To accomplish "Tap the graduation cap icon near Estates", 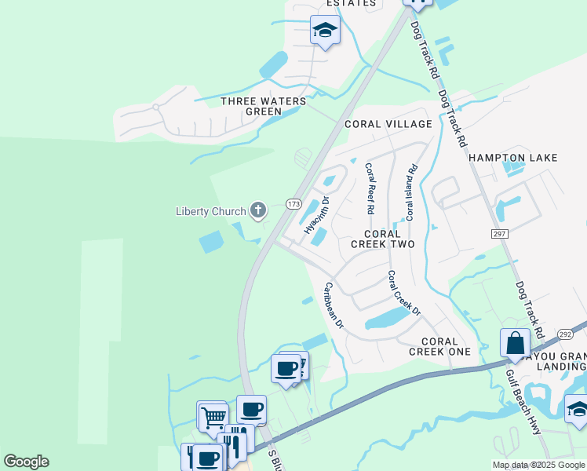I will (x=325, y=31).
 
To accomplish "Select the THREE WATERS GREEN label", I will (x=251, y=106).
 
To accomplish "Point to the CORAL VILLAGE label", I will (x=388, y=124).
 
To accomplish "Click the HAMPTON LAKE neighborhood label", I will (x=513, y=158).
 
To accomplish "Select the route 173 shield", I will (x=293, y=204).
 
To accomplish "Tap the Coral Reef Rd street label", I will (x=368, y=189).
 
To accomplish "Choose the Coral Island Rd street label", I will (x=410, y=192).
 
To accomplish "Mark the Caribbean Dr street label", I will (x=334, y=305).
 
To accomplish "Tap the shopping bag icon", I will (x=515, y=343).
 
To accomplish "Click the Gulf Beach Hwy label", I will (x=524, y=402).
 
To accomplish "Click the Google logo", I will (x=26, y=462).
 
